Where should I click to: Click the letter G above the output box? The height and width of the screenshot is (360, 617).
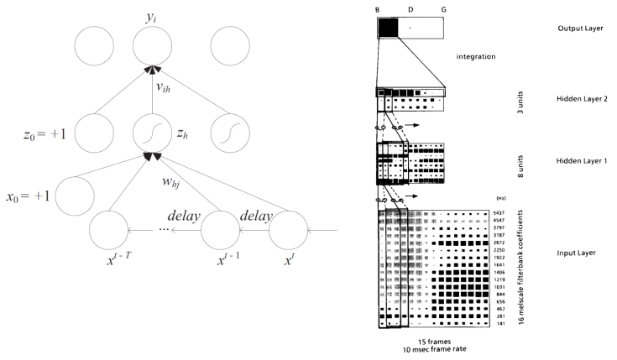[x=442, y=9]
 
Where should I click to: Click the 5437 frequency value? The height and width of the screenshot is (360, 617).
[x=500, y=213]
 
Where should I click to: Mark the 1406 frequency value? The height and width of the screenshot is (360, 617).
[x=500, y=273]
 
